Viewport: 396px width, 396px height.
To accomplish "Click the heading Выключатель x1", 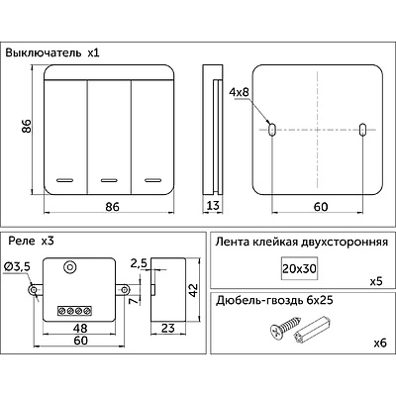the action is (x=52, y=52).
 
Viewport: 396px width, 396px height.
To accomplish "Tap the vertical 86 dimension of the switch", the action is (x=27, y=126).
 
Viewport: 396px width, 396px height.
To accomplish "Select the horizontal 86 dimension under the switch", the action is (x=112, y=207).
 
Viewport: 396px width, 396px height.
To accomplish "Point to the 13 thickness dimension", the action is (x=213, y=206).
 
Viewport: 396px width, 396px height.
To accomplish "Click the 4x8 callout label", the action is (x=239, y=92).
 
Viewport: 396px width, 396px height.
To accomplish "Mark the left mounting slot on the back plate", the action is (x=272, y=130).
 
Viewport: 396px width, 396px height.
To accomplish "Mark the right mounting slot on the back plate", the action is (x=362, y=130).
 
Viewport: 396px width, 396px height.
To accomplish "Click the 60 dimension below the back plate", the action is (x=321, y=207).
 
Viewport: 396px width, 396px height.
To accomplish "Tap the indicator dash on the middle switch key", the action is (x=109, y=180).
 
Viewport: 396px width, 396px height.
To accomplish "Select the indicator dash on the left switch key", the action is (x=64, y=180).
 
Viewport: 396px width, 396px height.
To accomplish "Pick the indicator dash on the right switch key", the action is (x=152, y=180).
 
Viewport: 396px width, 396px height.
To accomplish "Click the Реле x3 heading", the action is (x=31, y=242).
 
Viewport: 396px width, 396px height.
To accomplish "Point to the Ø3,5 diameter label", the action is (x=18, y=266).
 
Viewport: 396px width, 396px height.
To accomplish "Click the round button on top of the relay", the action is (x=69, y=267).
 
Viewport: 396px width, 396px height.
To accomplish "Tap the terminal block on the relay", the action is (x=74, y=311).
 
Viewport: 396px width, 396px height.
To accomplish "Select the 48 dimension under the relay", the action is (x=80, y=328).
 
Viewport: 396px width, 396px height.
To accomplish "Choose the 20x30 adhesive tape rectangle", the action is (x=299, y=268).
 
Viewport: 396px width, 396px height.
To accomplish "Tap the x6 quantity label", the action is (x=380, y=344).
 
